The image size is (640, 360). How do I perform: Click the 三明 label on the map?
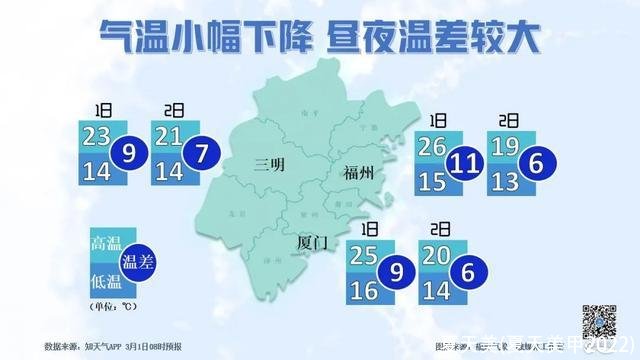[271, 164]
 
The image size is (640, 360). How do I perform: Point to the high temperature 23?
[97, 135]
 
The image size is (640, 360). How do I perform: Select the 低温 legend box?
[104, 279]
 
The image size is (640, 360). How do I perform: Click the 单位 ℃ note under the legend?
[112, 305]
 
